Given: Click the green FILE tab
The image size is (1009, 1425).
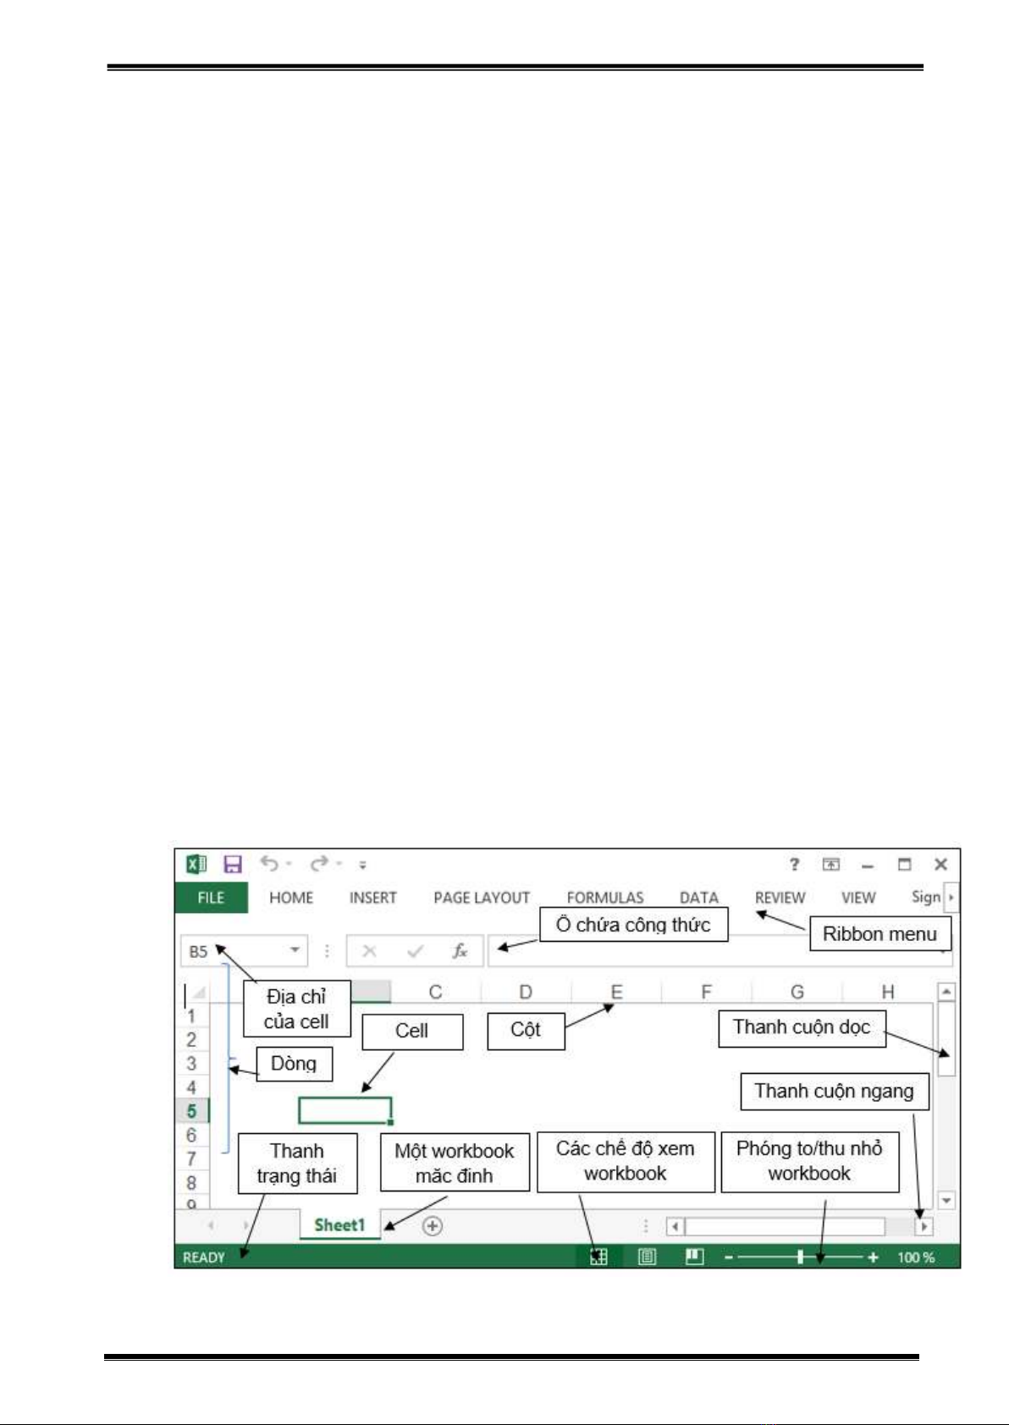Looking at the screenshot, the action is pos(212,897).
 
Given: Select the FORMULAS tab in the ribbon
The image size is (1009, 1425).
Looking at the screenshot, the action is pos(605,898).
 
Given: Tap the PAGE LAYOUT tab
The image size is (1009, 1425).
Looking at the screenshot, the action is pos(482,898).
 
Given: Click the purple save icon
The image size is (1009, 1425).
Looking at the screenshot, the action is pos(233,864).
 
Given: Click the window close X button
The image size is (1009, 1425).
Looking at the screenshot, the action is pos(941,864).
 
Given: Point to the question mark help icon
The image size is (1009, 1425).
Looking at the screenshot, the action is pos(794,864).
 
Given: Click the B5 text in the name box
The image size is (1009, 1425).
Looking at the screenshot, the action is pos(198,952).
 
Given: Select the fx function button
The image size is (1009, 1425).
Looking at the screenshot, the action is pos(460,951).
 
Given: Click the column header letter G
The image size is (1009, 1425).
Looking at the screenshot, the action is pos(797,991).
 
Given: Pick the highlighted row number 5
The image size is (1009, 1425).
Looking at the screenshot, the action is pos(191,1111).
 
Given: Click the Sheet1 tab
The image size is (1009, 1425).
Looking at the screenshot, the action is pos(339,1224).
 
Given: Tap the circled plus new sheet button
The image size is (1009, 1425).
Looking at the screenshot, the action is pos(433,1225).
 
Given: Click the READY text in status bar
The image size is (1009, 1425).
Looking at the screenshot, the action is pos(204,1257).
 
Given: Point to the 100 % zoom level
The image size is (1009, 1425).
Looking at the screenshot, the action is pos(916,1257).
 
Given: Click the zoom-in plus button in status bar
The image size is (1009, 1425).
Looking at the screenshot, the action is pos(873,1257).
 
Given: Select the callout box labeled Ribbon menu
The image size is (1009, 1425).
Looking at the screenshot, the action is pos(880,933).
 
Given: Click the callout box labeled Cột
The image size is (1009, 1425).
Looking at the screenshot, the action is pos(527,1032).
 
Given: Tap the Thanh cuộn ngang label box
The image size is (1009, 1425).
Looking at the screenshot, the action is pos(835,1092).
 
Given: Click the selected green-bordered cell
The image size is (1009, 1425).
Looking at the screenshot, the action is pos(345,1111).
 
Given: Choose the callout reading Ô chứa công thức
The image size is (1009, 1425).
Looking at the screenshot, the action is pos(634,924).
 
